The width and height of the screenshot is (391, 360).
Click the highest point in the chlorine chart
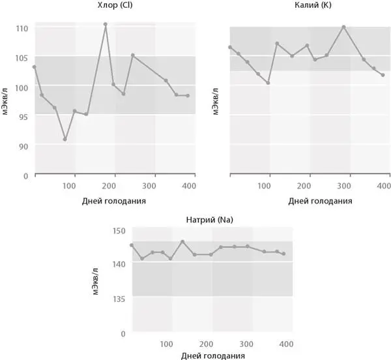point(105,24)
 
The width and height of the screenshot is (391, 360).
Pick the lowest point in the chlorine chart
point(65,139)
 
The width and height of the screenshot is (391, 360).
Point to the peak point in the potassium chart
point(343,27)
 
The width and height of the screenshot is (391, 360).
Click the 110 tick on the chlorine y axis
point(23,29)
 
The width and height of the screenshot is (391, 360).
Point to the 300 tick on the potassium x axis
point(349,185)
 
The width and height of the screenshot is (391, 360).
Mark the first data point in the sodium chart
point(132,245)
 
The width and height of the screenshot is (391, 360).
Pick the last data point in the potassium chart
point(383,75)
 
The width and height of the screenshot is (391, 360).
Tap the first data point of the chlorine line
point(34,67)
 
